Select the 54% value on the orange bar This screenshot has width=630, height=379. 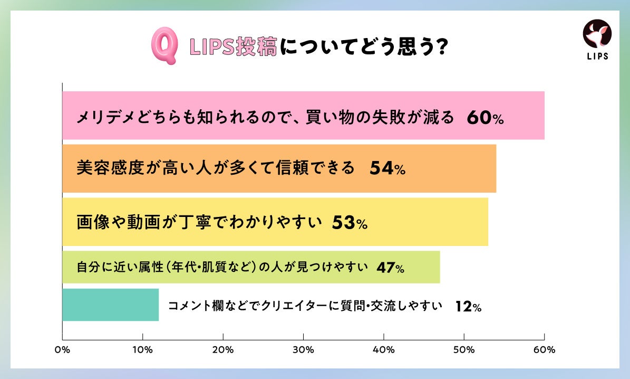point(387,169)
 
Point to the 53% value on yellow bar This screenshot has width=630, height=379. point(350,223)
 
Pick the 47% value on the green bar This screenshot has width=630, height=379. point(390,268)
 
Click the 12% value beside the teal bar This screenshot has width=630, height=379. point(468,307)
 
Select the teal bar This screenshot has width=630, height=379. point(110,305)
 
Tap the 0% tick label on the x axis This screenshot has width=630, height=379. point(62,349)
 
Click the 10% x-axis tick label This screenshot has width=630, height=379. point(142,349)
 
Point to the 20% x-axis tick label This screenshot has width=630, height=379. point(223,349)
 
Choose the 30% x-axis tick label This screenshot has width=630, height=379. point(303,349)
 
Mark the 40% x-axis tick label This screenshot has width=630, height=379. point(383,349)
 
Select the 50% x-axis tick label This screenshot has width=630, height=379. point(464,349)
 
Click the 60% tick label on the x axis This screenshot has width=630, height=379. point(544,349)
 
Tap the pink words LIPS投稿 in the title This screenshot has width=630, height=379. point(233,48)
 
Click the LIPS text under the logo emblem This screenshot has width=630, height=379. point(597,56)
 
